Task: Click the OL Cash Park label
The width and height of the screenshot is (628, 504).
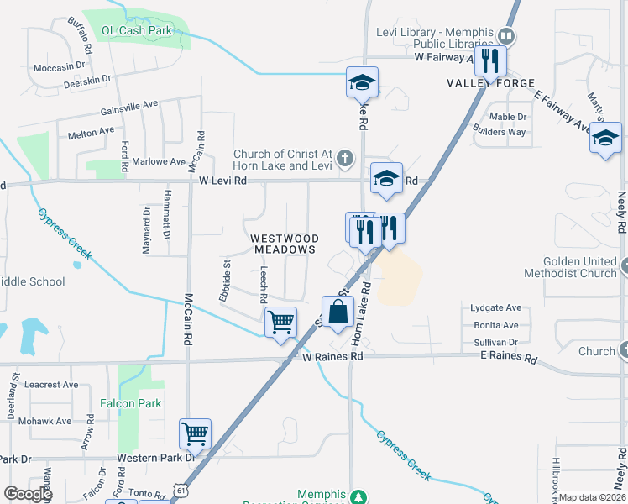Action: [136, 30]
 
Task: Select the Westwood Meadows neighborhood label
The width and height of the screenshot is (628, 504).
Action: [285, 244]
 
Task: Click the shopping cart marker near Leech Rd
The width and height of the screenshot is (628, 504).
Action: [280, 321]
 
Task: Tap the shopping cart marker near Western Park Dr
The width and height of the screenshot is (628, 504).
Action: [195, 434]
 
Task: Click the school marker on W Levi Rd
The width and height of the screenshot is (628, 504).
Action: [386, 179]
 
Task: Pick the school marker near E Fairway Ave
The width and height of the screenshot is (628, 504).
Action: [605, 139]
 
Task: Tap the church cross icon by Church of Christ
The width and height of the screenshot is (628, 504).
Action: [343, 157]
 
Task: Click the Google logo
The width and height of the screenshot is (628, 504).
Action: [28, 493]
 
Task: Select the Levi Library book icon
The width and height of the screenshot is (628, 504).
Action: [506, 36]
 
